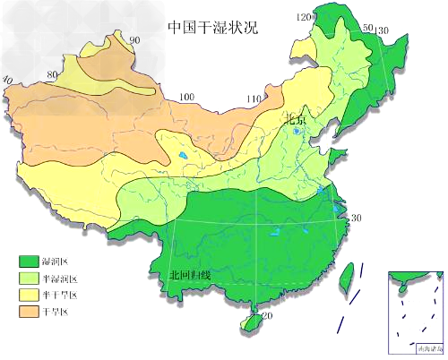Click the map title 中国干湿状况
pos(212,26)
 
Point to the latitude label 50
pos(367,28)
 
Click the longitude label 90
pos(134,40)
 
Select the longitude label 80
pos(53,73)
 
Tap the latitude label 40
pos(7,80)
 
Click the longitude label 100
pos(186,97)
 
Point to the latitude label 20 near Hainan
pos(267,316)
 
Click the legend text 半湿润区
pos(61,279)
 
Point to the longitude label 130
pos(383,31)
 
